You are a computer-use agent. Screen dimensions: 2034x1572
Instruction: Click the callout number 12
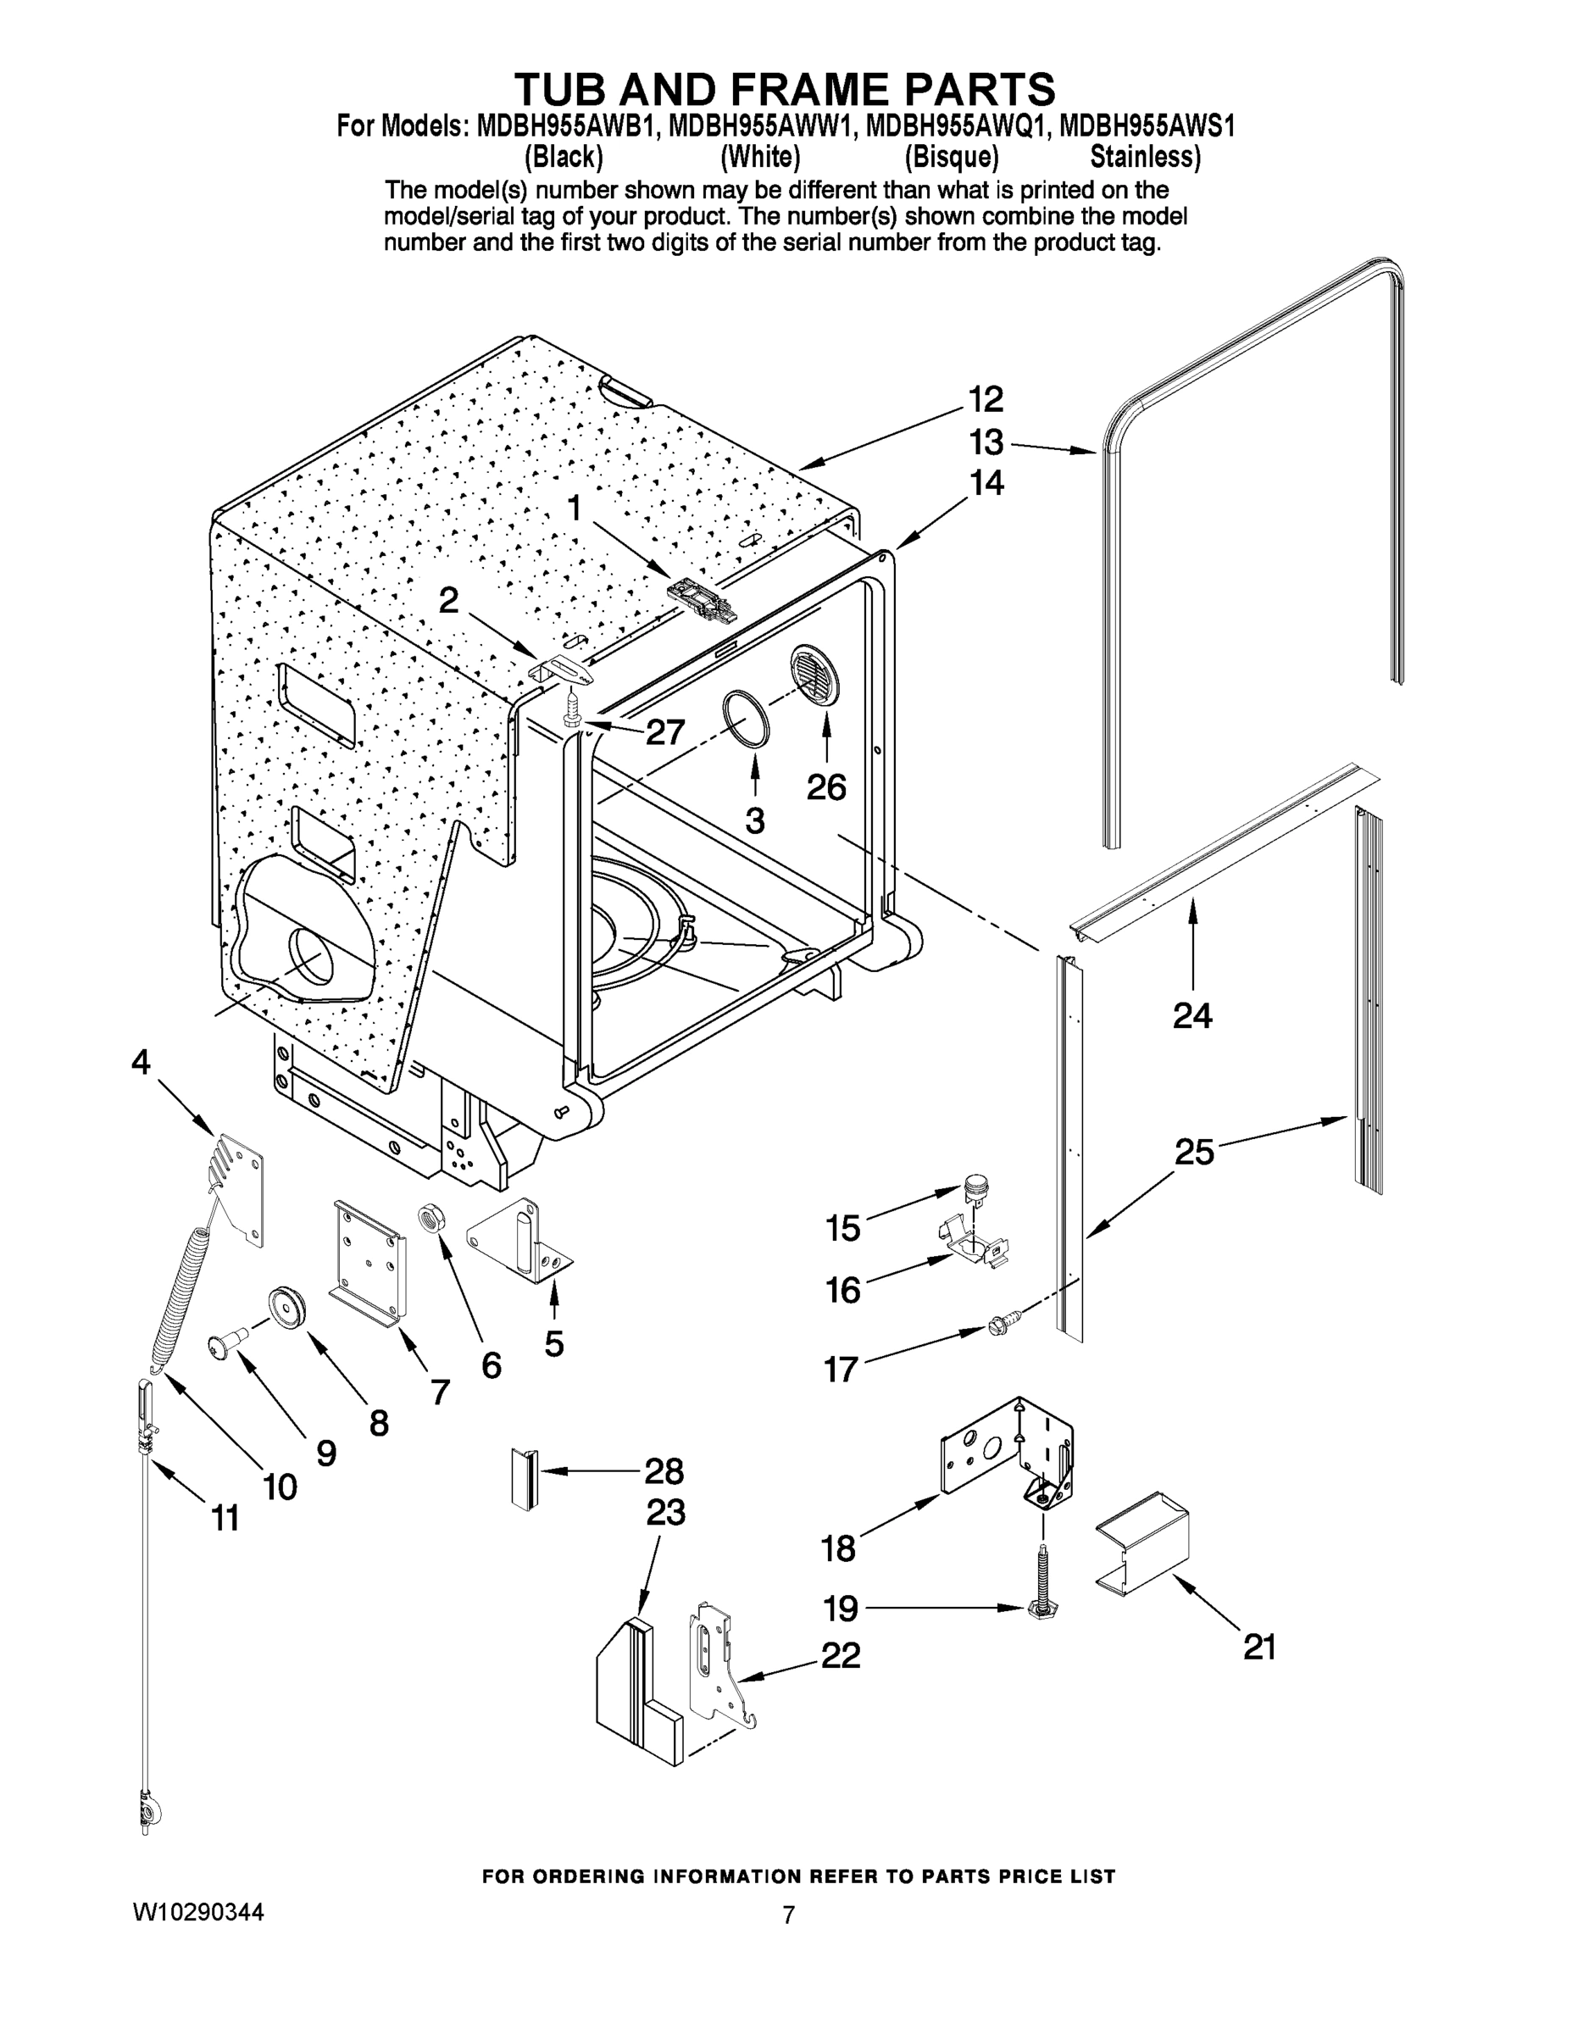(x=986, y=399)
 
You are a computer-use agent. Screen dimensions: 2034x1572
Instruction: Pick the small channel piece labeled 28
(x=525, y=1476)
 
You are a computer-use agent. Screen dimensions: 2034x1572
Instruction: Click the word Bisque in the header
(x=951, y=157)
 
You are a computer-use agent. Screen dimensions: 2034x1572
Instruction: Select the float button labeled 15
(x=974, y=1186)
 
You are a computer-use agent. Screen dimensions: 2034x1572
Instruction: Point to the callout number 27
(x=665, y=733)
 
